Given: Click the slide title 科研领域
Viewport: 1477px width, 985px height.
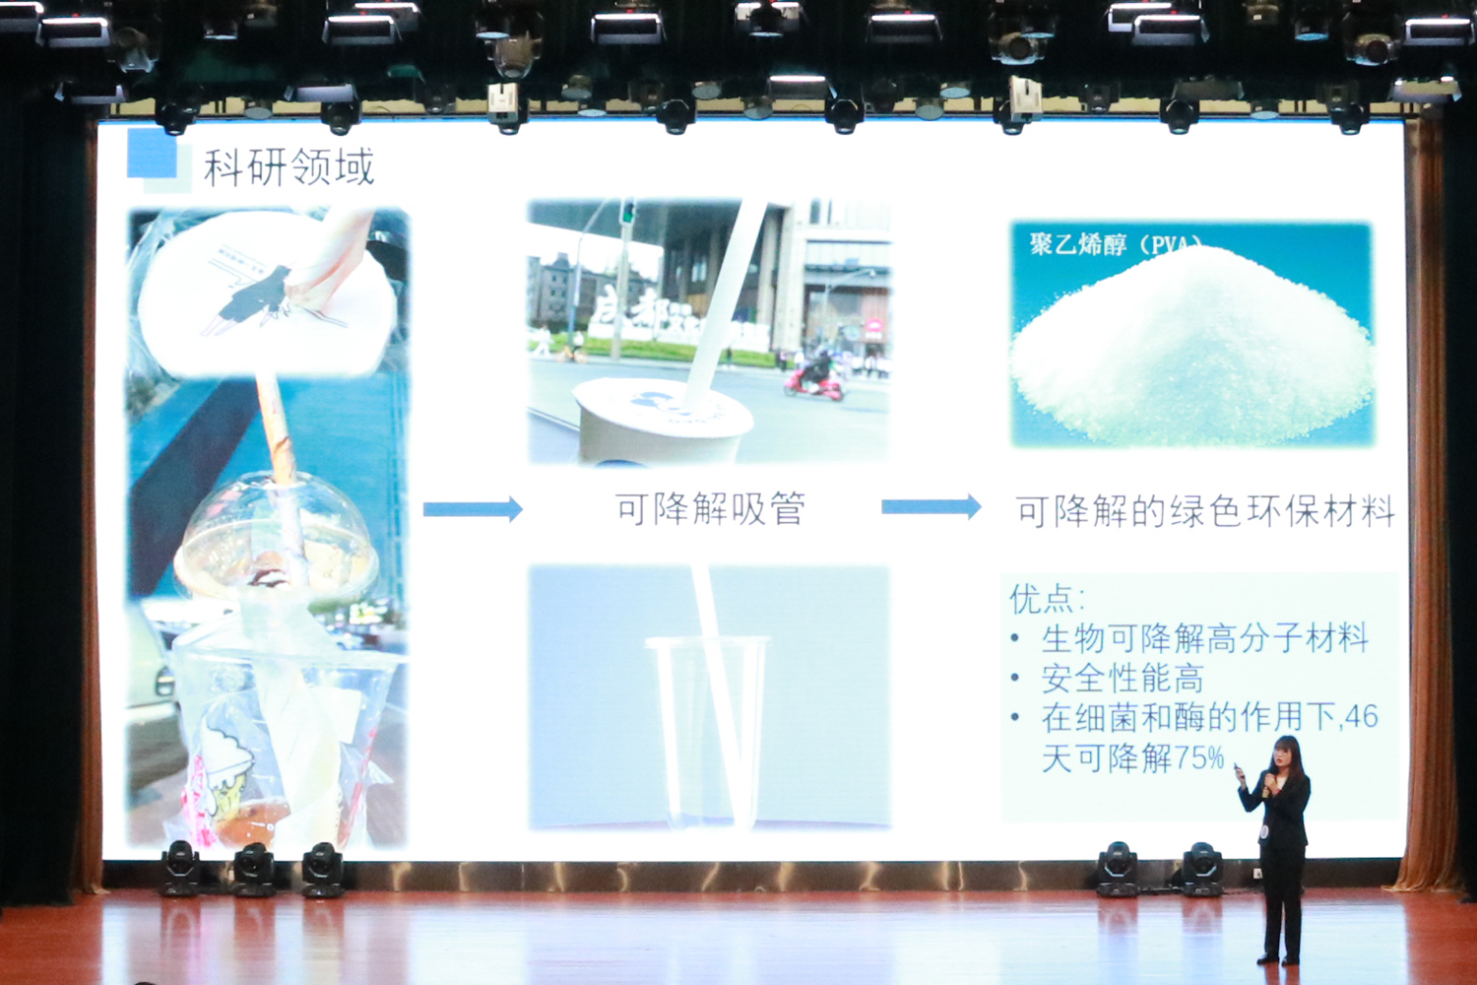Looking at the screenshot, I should (289, 167).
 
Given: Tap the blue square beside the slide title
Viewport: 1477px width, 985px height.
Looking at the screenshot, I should (152, 154).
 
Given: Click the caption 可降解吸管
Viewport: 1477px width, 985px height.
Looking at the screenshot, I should (710, 509).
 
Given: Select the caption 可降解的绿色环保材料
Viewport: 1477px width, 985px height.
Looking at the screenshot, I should (1204, 511).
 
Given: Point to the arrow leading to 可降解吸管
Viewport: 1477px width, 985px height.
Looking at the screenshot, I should (473, 509).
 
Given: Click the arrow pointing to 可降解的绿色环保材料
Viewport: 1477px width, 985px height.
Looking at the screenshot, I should (931, 507).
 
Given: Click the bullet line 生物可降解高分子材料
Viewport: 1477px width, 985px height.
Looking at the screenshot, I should (1204, 638).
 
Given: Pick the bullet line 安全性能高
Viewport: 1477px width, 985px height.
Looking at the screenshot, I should (1123, 678).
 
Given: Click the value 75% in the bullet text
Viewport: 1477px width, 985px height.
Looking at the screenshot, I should (1199, 757).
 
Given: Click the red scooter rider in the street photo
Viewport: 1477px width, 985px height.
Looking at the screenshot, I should (814, 374).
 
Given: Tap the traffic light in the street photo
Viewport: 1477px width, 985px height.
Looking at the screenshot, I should (626, 212).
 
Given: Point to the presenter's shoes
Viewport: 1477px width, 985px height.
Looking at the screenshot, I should (1278, 957).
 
